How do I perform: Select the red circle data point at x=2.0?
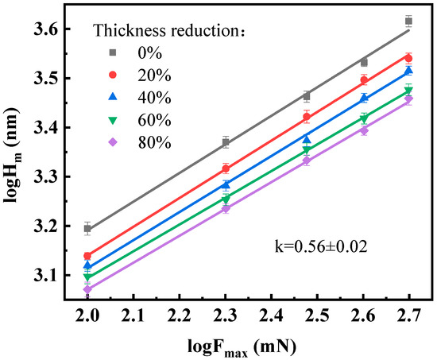point(87,256)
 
